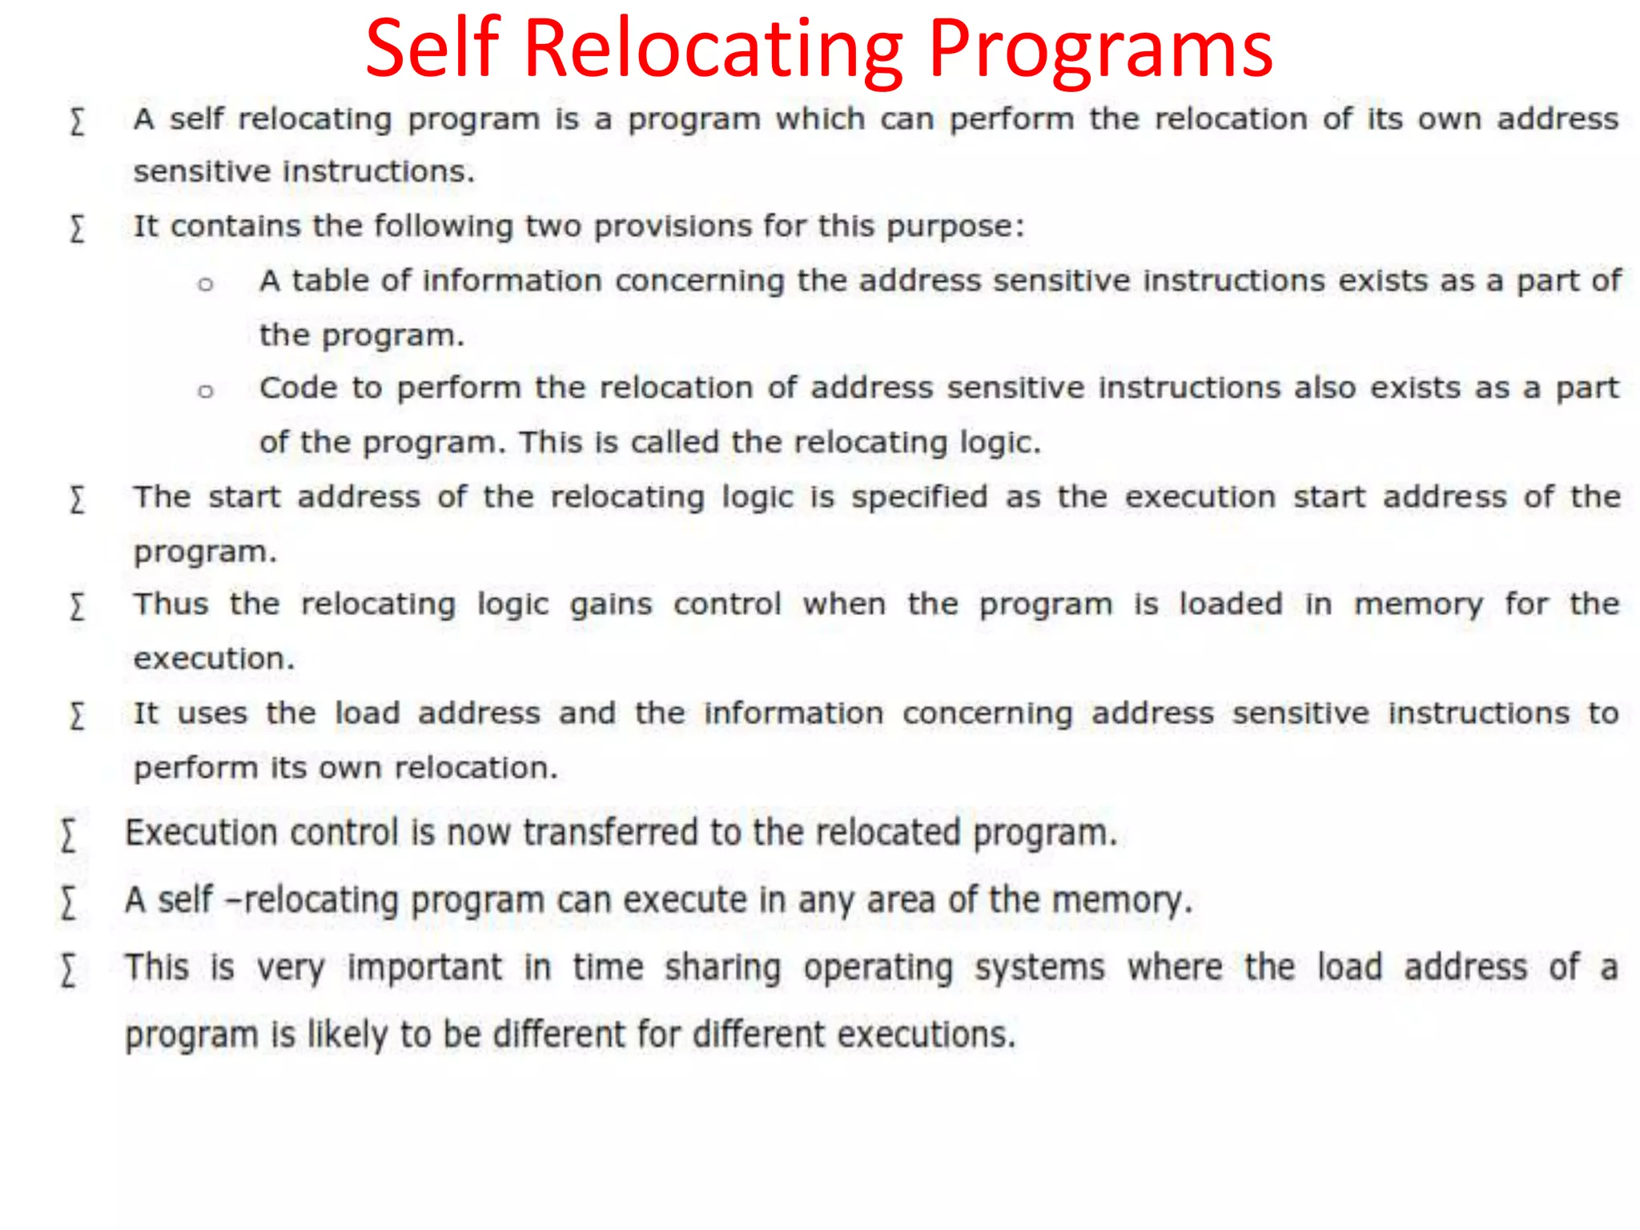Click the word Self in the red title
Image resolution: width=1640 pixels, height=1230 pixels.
[432, 50]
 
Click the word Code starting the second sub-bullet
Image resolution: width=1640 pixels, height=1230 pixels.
[298, 388]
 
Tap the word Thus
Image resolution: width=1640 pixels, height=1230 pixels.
[171, 605]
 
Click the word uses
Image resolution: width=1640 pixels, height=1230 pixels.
[212, 713]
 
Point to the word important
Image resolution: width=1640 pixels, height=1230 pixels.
[424, 968]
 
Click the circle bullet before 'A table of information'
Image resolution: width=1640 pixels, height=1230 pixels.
[206, 284]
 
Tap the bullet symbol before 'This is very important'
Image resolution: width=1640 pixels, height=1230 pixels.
[69, 971]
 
